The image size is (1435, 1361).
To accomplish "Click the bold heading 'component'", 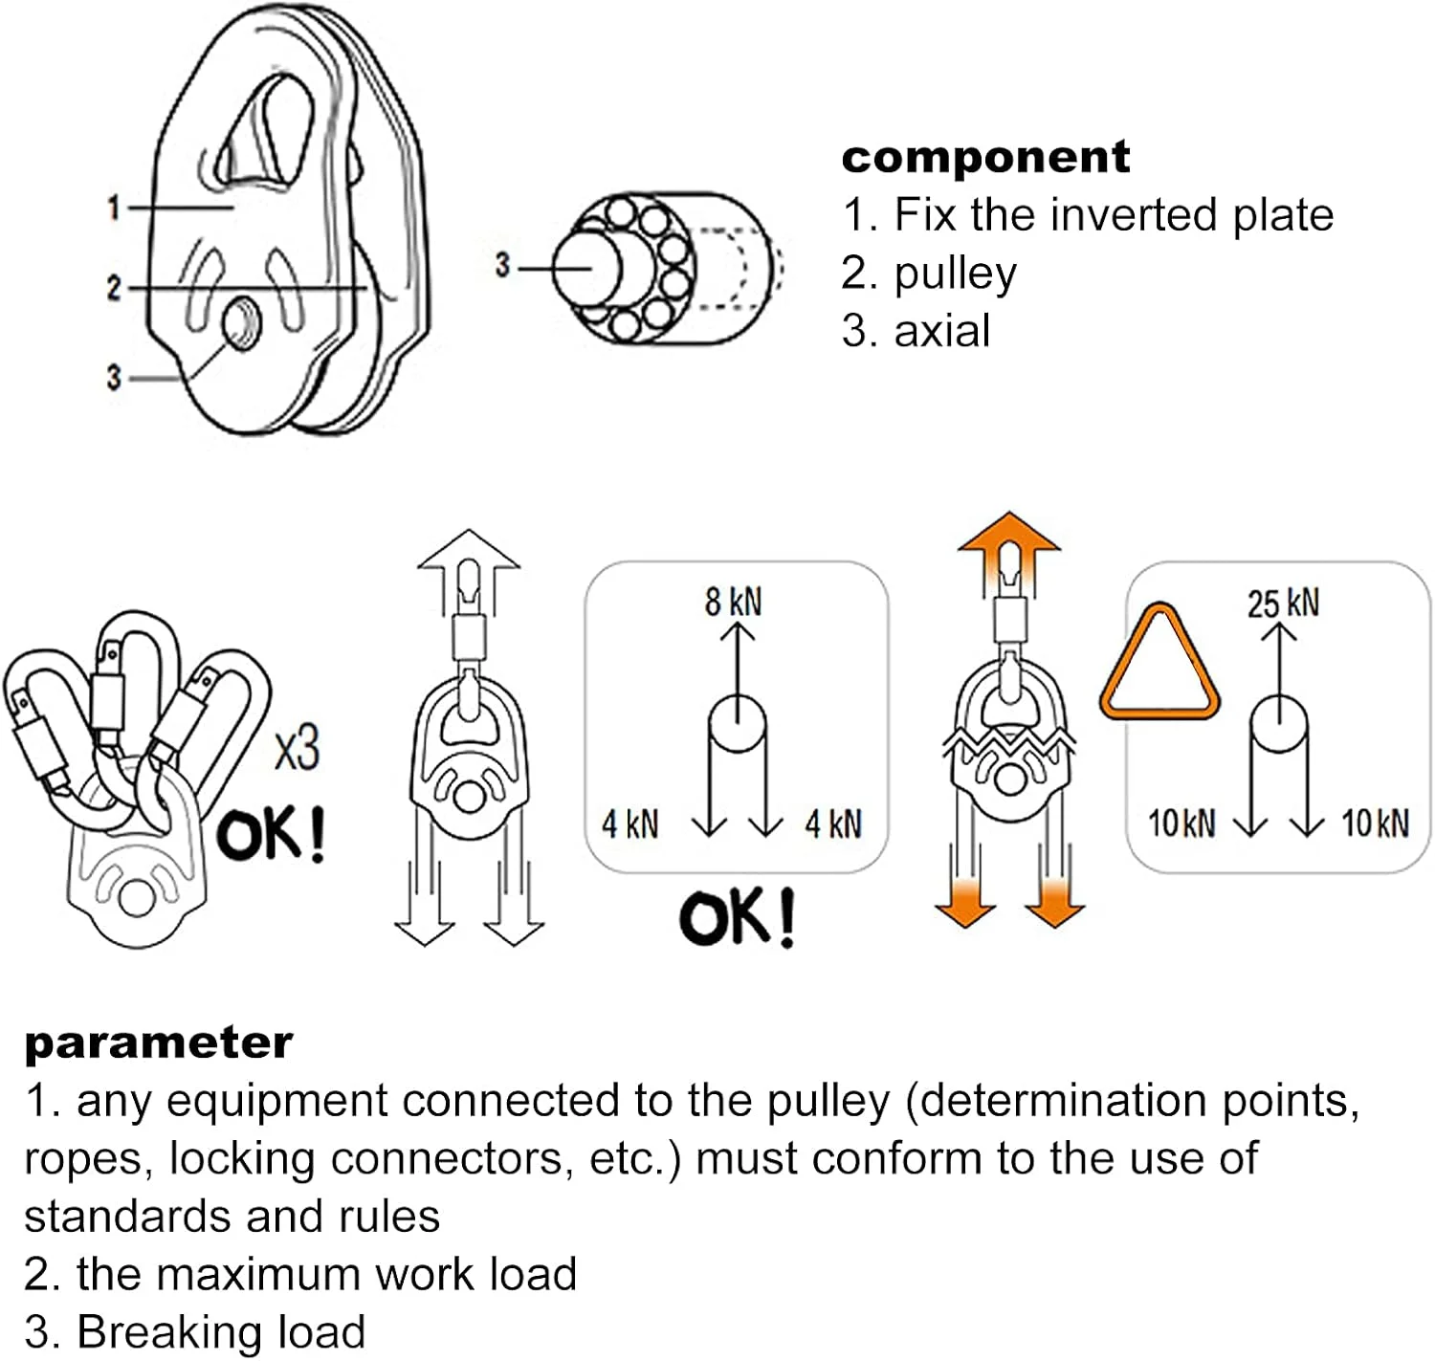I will click(985, 158).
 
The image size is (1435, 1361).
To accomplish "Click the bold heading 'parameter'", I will click(158, 1043).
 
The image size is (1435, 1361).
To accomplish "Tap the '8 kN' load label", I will click(734, 602).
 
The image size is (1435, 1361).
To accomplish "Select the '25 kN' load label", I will click(1283, 604).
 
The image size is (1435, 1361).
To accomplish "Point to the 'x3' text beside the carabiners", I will click(297, 749).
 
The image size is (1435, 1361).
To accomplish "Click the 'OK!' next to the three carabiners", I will click(271, 835).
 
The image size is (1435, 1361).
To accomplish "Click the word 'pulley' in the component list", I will click(954, 274).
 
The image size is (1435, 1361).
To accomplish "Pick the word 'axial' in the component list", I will click(941, 331).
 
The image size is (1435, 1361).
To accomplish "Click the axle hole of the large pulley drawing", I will click(240, 324).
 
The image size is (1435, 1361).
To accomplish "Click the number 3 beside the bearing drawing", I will click(502, 266).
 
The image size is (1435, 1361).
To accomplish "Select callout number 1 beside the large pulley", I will click(114, 208).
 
